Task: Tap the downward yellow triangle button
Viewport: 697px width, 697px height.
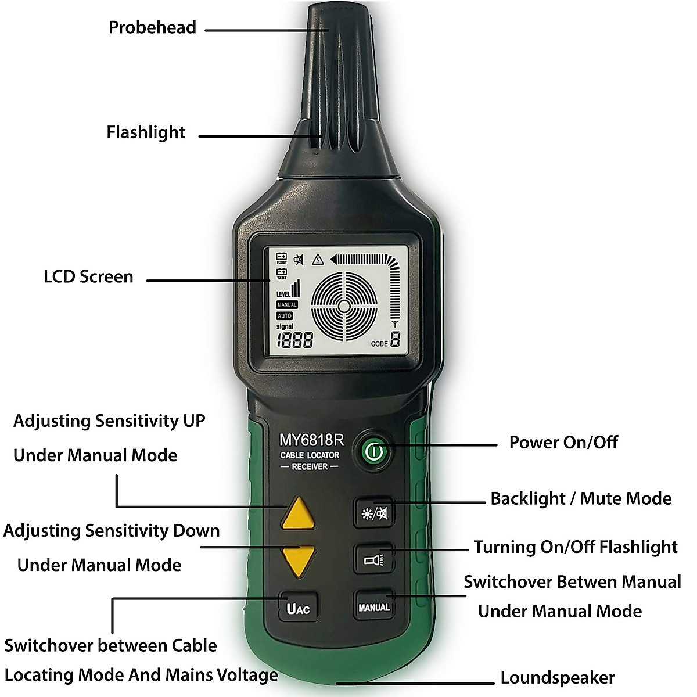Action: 299,559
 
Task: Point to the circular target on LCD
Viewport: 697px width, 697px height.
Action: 344,306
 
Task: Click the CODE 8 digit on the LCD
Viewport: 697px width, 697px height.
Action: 396,340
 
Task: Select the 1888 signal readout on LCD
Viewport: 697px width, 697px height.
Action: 294,341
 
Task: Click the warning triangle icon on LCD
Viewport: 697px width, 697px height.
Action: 317,260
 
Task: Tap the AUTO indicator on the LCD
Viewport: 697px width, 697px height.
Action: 285,316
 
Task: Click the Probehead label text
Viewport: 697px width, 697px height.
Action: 152,27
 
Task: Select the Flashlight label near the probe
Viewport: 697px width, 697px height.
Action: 145,132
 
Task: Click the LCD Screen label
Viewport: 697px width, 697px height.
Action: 88,276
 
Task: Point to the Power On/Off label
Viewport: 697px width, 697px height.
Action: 563,442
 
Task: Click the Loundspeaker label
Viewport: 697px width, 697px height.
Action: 557,678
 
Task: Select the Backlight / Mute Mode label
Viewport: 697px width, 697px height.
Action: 580,498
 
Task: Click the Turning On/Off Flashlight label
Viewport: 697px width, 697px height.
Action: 575,547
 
